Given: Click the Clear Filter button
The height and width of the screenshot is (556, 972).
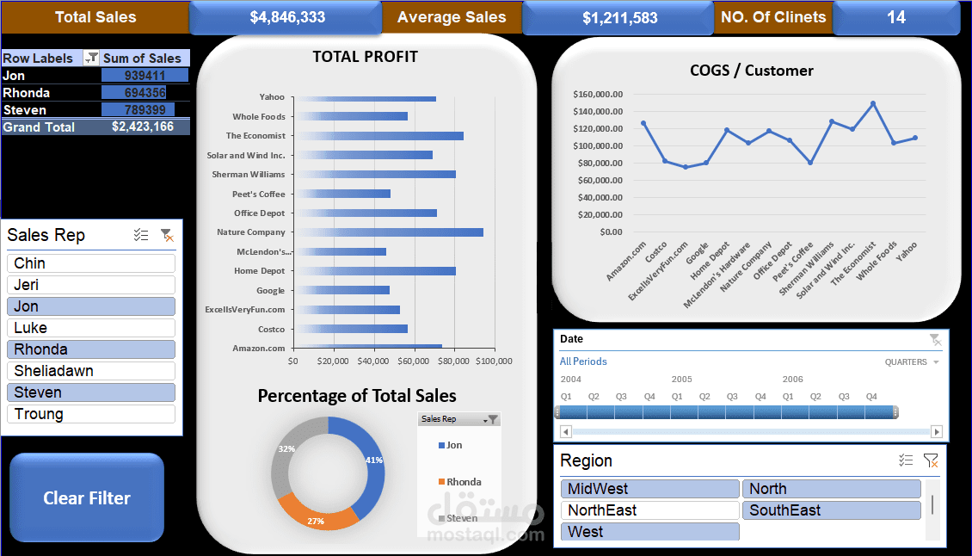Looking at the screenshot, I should coord(87,498).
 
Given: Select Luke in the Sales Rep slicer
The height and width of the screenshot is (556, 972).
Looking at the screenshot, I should coord(90,328).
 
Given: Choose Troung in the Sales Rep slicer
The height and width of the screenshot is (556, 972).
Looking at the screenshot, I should coord(90,414).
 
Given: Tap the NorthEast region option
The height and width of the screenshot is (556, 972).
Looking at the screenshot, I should coord(649,510).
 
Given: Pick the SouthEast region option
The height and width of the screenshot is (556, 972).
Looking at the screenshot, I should coord(831,510).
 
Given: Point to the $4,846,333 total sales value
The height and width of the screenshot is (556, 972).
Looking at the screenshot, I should coord(286,17).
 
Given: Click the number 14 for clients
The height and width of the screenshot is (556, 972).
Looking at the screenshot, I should coord(896,17).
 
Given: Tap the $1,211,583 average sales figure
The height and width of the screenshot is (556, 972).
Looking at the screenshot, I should coord(619,17).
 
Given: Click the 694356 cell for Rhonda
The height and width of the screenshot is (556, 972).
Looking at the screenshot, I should coord(145,93).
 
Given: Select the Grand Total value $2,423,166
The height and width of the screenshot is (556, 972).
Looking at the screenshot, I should coord(143,127).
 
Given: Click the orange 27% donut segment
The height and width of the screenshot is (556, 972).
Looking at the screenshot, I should coord(317,512).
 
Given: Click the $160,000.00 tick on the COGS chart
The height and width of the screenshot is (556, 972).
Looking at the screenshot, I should coord(598,94).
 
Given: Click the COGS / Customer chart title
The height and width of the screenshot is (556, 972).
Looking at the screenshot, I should coord(752,71).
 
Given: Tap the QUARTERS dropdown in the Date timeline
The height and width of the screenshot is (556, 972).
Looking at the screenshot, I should coord(912,362).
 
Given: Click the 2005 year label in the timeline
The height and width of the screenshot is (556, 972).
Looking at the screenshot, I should coord(681,379).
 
